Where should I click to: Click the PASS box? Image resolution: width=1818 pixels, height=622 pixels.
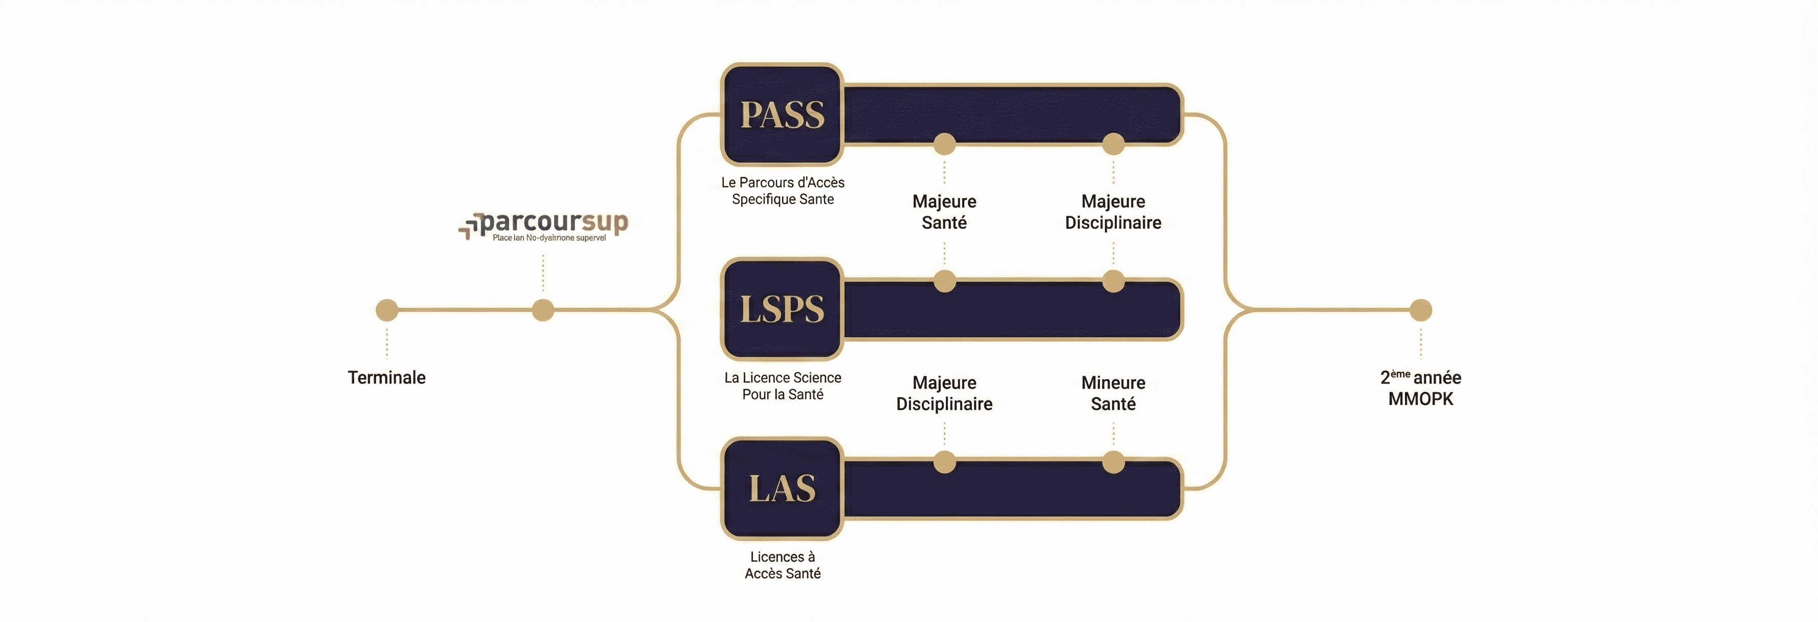[782, 114]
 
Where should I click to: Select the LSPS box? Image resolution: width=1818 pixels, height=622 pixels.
[782, 309]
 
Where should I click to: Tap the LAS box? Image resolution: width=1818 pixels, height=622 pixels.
[782, 488]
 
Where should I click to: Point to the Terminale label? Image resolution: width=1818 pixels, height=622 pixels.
[387, 377]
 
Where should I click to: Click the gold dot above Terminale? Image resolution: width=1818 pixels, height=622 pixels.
[387, 309]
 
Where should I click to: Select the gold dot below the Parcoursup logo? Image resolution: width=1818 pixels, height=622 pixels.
[543, 309]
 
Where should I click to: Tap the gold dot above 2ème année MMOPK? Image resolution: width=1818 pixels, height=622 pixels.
[1421, 309]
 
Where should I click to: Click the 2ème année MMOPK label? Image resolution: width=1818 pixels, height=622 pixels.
[1421, 388]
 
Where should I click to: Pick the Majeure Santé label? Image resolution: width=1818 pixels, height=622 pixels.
[944, 212]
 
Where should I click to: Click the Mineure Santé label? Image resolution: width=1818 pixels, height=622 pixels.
[1113, 393]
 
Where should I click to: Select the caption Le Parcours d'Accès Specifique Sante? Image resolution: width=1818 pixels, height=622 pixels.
[783, 190]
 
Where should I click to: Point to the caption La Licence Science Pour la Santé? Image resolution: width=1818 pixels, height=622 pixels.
[783, 386]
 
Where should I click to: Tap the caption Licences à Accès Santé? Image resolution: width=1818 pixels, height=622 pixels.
[783, 565]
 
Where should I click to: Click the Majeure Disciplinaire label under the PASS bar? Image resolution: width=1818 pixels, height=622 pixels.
[1113, 212]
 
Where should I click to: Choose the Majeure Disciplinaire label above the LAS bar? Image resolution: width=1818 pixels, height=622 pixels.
[944, 393]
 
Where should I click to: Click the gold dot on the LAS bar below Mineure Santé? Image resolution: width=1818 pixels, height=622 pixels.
[1113, 462]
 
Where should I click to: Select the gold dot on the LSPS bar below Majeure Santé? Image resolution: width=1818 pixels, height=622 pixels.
[944, 281]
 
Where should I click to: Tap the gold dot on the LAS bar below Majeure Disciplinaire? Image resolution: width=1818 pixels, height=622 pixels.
[944, 462]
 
